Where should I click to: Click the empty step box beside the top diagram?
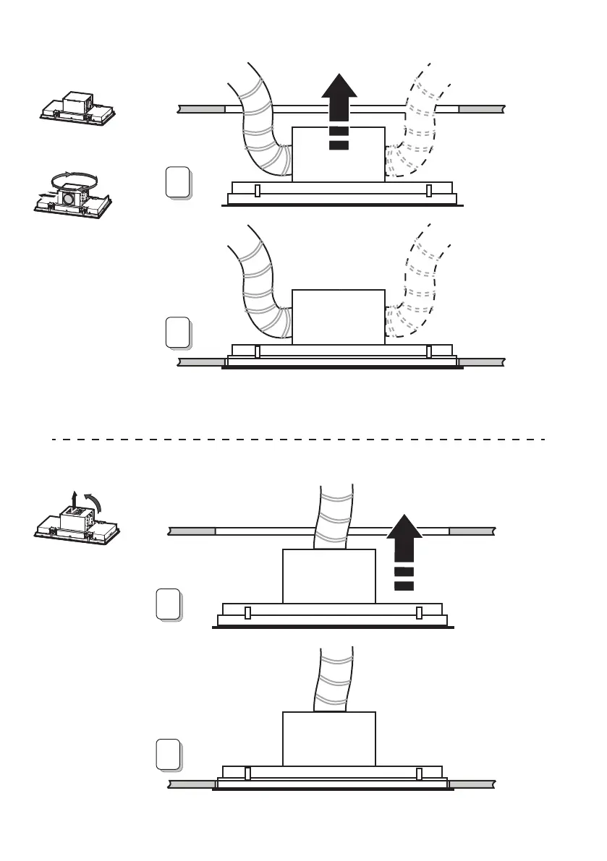[177, 181]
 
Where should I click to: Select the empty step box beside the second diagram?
[177, 333]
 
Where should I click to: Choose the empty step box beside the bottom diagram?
[168, 753]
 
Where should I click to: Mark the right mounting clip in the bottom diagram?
[419, 774]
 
